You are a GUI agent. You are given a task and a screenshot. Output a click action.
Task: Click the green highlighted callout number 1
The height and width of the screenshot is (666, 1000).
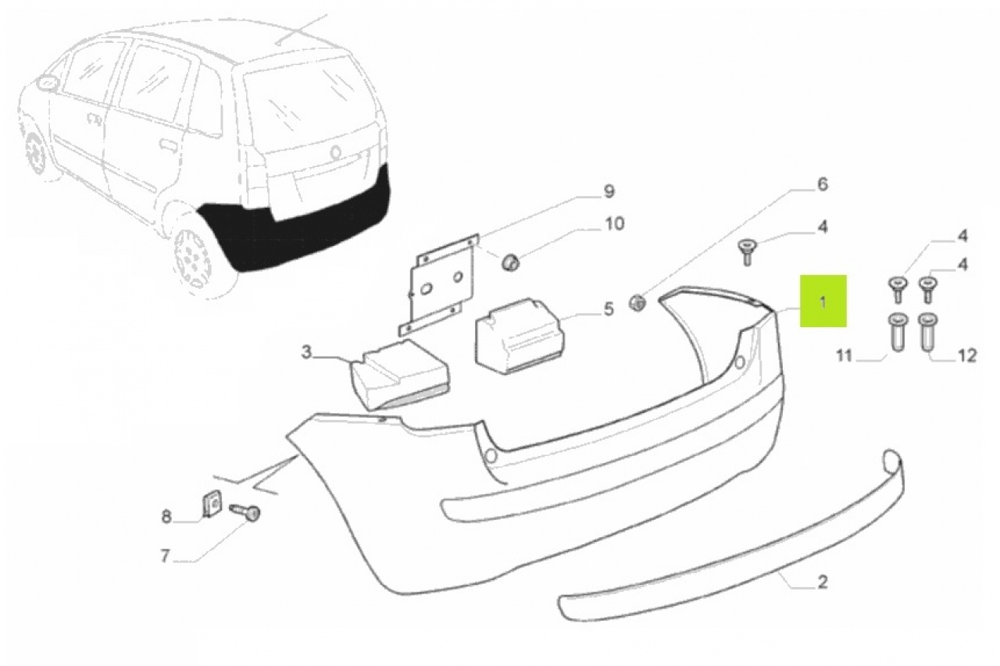click(823, 301)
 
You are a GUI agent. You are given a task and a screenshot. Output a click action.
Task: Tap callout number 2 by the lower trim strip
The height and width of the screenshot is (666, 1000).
click(823, 582)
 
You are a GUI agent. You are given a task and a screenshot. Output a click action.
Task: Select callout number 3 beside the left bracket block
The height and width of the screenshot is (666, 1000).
click(305, 352)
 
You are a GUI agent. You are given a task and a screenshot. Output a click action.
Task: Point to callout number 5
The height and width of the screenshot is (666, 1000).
click(609, 308)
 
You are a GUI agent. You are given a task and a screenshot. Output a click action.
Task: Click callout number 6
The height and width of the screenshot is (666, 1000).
click(822, 184)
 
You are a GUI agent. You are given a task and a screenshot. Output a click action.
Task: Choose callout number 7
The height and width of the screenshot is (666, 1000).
click(165, 556)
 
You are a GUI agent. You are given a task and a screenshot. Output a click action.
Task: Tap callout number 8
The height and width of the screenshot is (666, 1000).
click(166, 517)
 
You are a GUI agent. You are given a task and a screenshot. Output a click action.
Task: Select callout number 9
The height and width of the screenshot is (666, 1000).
click(609, 191)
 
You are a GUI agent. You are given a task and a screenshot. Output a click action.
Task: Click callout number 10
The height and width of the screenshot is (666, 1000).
click(614, 223)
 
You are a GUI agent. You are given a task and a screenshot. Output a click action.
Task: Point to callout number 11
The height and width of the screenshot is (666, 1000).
click(844, 356)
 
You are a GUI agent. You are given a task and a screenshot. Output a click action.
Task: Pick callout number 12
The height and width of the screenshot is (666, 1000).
click(967, 355)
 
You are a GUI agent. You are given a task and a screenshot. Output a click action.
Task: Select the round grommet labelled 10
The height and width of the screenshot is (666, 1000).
click(510, 262)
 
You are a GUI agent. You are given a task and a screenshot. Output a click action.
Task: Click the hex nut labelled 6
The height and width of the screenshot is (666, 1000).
click(637, 304)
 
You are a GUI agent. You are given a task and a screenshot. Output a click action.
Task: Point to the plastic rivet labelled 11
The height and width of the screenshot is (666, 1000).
click(898, 333)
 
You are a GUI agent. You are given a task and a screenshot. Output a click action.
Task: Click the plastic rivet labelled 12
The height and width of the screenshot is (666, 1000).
click(927, 333)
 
